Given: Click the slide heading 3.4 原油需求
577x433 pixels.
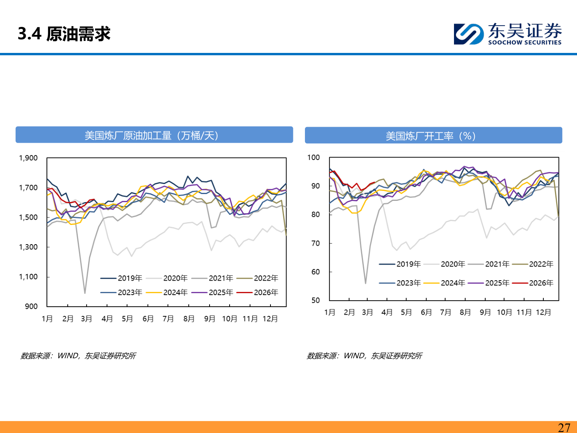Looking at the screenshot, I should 64,34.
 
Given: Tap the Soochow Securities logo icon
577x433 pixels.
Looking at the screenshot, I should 468,34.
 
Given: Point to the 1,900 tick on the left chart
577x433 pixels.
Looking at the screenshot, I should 28,158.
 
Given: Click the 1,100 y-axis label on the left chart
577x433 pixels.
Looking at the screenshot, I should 28,277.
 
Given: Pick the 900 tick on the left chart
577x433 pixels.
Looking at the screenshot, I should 31,306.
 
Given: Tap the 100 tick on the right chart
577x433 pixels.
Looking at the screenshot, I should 313,158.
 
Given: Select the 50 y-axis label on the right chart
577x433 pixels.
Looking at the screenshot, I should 315,300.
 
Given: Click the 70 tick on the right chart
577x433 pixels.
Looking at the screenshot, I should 315,243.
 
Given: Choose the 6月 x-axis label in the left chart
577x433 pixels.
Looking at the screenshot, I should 148,319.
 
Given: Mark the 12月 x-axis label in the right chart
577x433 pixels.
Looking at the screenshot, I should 543,312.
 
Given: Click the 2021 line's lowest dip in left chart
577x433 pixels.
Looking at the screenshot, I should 85,293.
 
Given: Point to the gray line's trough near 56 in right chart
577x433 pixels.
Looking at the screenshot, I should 365,283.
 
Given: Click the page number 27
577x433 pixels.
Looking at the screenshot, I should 564,427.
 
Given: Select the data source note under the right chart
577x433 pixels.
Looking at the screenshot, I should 364,356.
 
